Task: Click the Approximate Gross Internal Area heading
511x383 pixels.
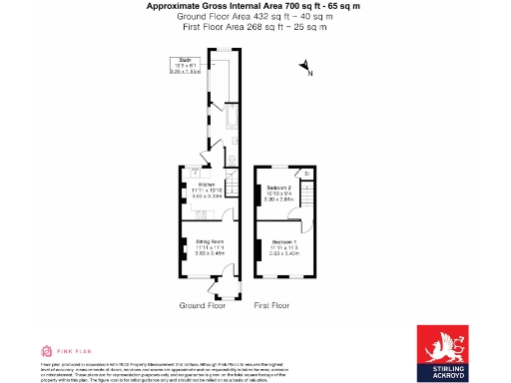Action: tap(255, 6)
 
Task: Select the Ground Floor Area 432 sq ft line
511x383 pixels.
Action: tap(255, 17)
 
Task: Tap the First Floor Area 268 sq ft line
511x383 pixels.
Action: tap(255, 27)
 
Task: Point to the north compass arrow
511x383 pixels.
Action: tap(305, 67)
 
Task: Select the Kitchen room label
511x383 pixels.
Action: tap(207, 185)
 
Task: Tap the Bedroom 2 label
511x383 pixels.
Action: tap(279, 188)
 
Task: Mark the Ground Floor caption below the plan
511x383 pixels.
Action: tap(201, 304)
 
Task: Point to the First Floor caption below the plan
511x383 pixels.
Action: tap(271, 304)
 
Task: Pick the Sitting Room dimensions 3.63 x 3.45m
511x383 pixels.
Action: tap(209, 255)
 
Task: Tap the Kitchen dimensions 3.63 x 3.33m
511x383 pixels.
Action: tap(207, 196)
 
